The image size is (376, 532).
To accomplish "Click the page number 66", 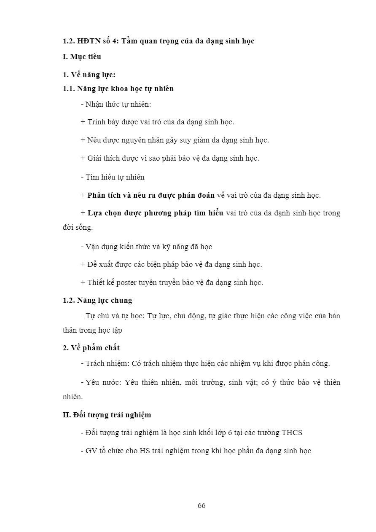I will (201, 505).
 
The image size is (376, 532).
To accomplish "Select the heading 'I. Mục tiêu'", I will (82, 56).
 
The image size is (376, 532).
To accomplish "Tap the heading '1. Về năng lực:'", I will (89, 75).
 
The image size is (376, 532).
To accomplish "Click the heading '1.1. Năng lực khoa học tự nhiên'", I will (118, 89).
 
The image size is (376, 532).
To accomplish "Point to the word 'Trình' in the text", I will (97, 122).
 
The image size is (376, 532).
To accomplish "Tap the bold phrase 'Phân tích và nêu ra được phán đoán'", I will (151, 195).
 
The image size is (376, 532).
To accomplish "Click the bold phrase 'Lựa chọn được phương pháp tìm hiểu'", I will (155, 213).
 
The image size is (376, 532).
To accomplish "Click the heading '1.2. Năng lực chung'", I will (97, 300).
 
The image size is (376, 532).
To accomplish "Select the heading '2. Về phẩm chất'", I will (91, 348).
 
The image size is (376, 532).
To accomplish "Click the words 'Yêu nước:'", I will (103, 382).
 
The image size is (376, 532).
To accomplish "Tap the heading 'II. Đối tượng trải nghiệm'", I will (107, 415).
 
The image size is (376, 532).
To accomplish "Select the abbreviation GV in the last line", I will (91, 451).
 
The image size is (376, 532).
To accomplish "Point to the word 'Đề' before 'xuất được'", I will (92, 264).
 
